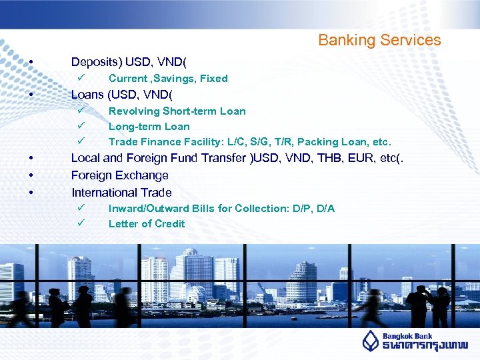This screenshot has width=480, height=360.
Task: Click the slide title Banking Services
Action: click(379, 40)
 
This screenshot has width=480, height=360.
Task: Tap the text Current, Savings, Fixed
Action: click(168, 79)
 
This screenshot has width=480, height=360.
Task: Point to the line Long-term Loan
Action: click(149, 127)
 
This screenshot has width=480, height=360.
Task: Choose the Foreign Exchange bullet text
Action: click(119, 175)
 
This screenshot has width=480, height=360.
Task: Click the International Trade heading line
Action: click(121, 193)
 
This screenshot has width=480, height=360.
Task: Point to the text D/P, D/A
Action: click(311, 209)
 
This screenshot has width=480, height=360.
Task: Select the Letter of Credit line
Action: click(147, 224)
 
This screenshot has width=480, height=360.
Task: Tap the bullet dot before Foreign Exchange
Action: click(31, 176)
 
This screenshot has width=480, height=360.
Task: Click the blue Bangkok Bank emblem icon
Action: click(371, 340)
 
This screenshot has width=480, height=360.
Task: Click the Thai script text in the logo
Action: click(425, 345)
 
